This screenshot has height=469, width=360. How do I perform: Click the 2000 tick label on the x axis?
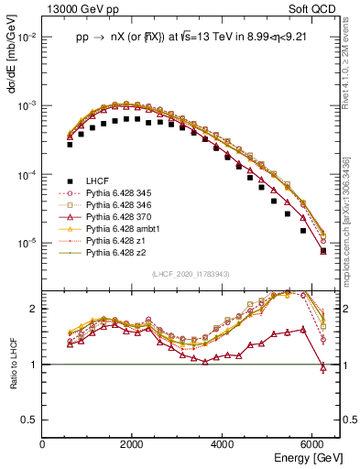pos(133,444)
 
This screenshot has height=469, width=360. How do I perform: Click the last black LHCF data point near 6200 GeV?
pos(322,250)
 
